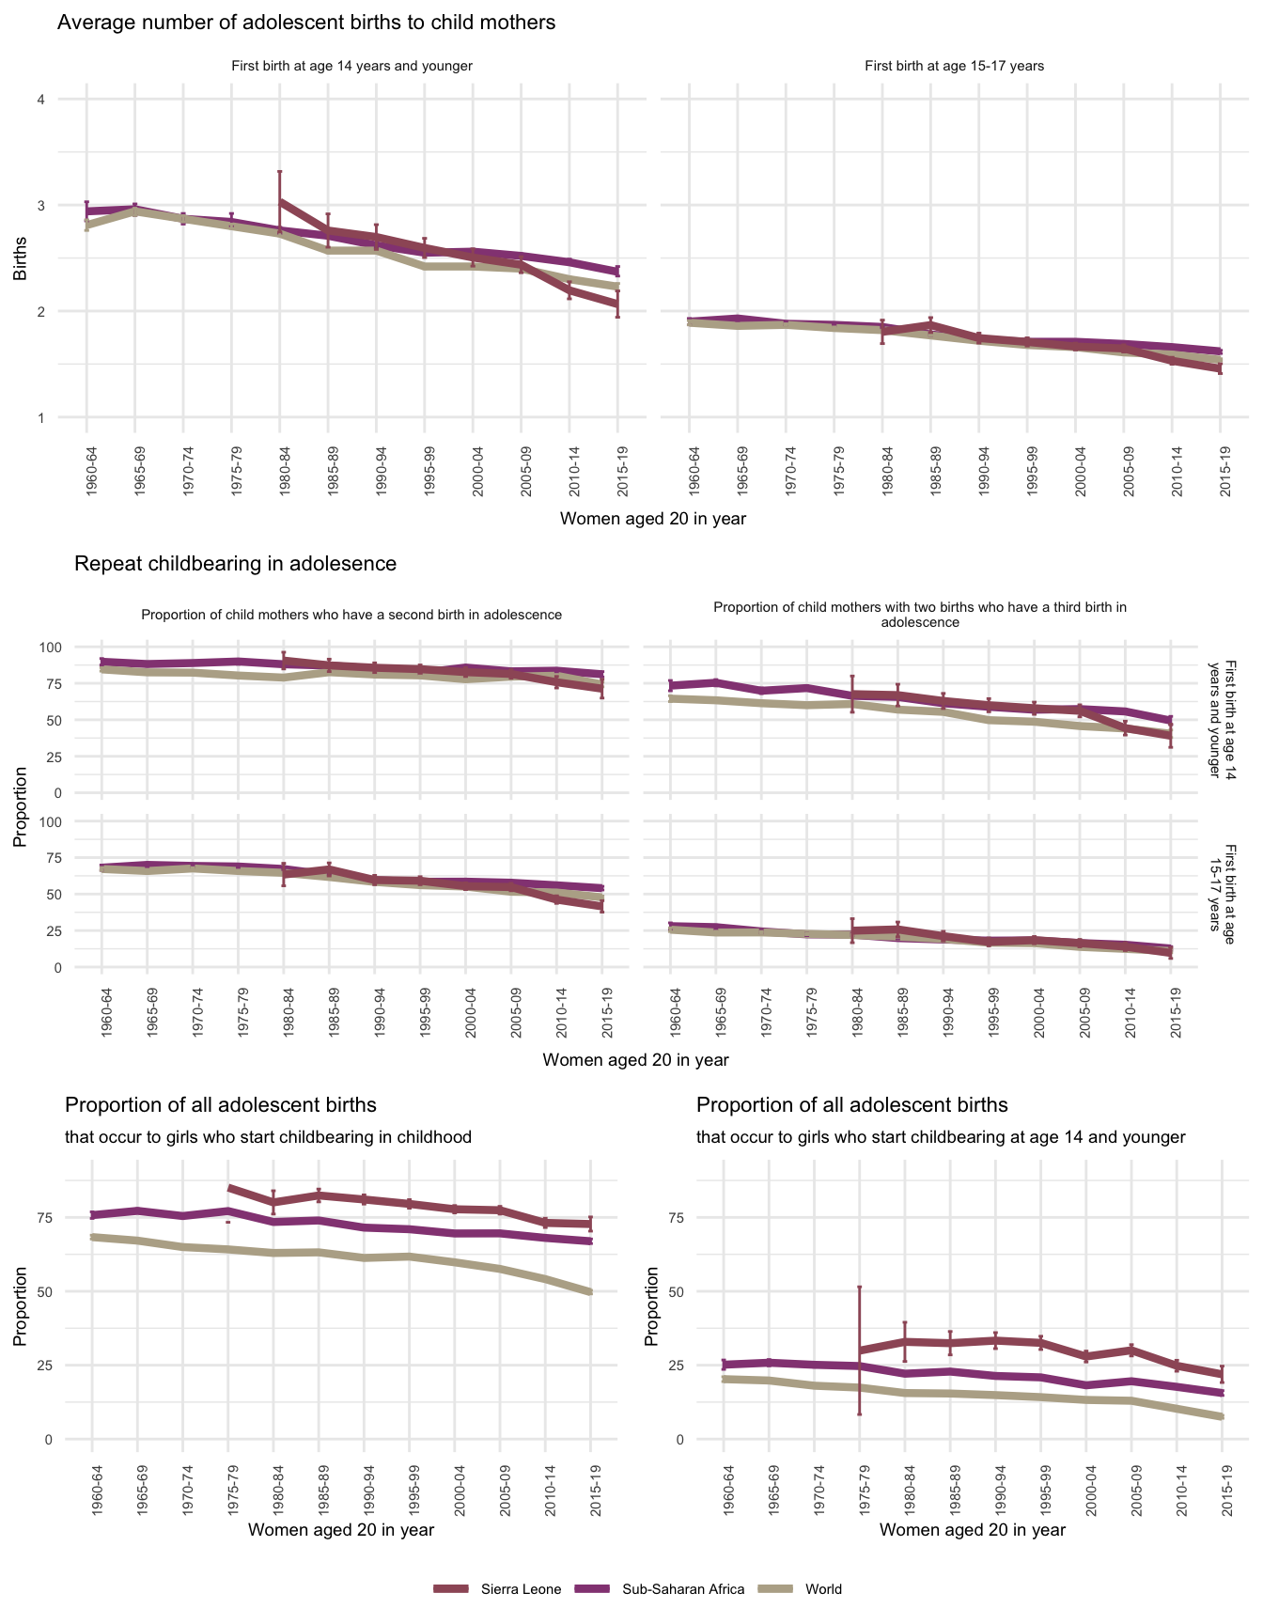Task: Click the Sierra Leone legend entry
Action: pyautogui.click(x=521, y=1589)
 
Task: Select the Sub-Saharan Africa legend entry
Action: pyautogui.click(x=683, y=1589)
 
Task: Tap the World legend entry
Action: pyautogui.click(x=823, y=1589)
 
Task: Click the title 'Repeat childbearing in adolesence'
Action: pyautogui.click(x=235, y=564)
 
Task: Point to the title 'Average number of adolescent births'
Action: pyautogui.click(x=306, y=23)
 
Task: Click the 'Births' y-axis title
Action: pyautogui.click(x=21, y=258)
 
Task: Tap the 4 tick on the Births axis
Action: pyautogui.click(x=40, y=100)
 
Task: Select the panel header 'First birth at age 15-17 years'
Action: pyautogui.click(x=954, y=66)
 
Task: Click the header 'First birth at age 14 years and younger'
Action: pyautogui.click(x=351, y=66)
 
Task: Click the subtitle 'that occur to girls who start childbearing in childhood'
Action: pyautogui.click(x=268, y=1137)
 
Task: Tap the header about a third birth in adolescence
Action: pyautogui.click(x=919, y=615)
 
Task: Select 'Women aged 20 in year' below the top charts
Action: pyautogui.click(x=652, y=519)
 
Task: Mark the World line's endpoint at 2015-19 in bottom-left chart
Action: pyautogui.click(x=590, y=1293)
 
